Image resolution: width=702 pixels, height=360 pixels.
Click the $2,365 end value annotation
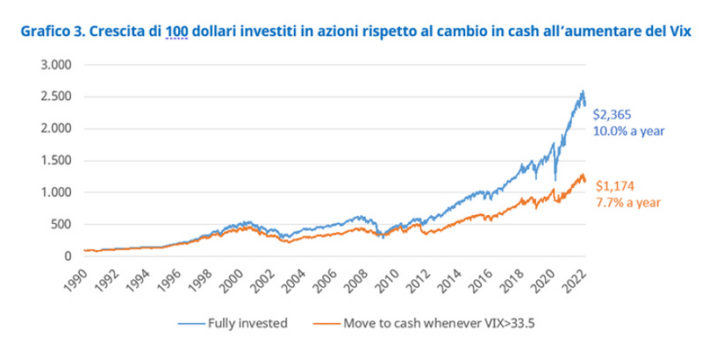click(x=611, y=114)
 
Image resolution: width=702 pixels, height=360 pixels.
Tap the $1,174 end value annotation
click(x=613, y=186)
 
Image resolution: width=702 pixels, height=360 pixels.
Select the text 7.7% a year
click(x=624, y=202)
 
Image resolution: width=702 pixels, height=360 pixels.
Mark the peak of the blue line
click(x=583, y=90)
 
